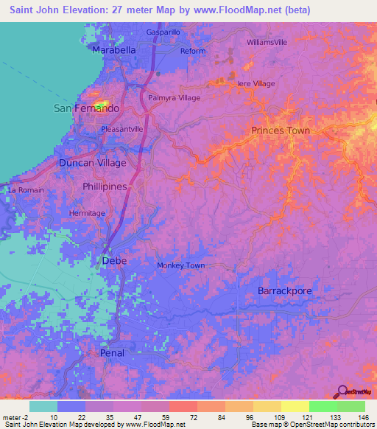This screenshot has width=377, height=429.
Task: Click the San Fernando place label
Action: tap(87, 108)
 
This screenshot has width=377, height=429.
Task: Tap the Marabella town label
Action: tap(114, 50)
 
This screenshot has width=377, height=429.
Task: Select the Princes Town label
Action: tap(281, 130)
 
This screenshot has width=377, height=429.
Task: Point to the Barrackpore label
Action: tap(284, 291)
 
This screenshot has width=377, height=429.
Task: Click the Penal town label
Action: tap(112, 353)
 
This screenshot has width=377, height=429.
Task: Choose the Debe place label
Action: tap(114, 261)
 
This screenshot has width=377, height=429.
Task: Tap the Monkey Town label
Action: tap(180, 265)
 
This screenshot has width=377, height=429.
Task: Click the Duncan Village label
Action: tap(92, 162)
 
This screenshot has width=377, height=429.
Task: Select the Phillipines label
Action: tap(105, 187)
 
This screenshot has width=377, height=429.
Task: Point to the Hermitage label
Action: tap(87, 213)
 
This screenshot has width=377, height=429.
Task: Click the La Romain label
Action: tap(26, 190)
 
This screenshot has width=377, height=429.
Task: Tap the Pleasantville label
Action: tap(121, 128)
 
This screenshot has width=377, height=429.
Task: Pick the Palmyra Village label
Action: tap(175, 97)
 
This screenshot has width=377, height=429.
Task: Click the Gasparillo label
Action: tap(163, 32)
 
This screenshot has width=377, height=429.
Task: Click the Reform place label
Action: tap(193, 51)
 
